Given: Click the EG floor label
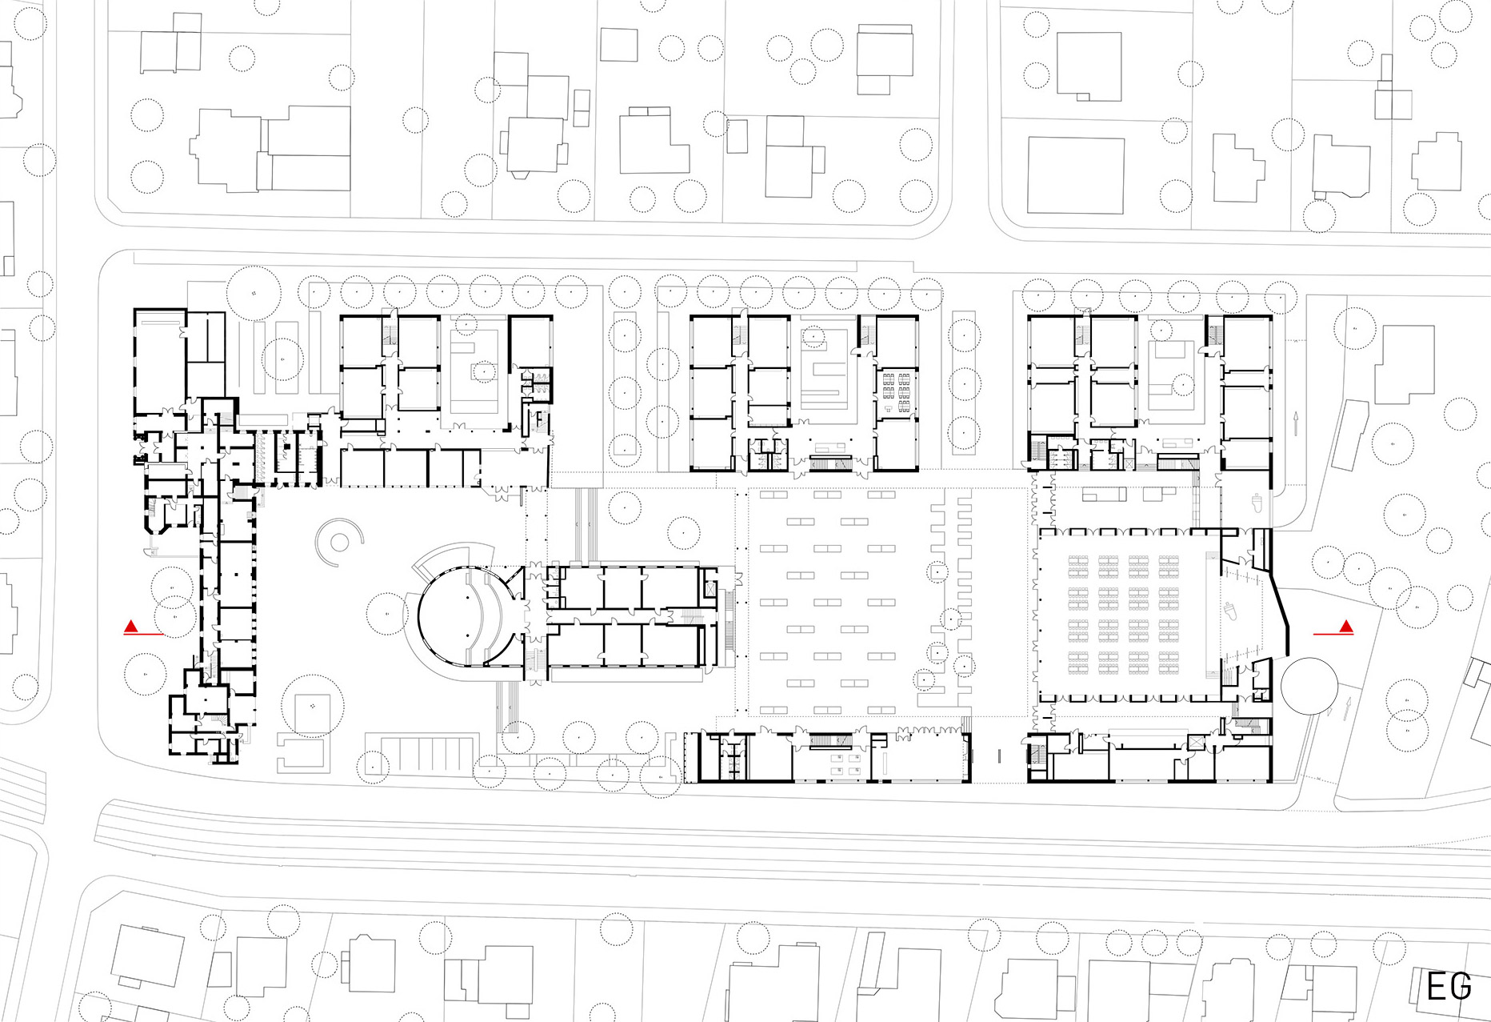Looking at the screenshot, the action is (x=1449, y=986).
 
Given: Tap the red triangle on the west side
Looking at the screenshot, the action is (x=131, y=627).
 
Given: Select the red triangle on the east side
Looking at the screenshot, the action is (x=1347, y=627).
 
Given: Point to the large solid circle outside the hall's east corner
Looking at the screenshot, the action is (x=1309, y=684).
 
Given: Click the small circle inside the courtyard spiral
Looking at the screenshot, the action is (x=339, y=543).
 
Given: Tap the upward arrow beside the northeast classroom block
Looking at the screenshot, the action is (x=1295, y=423).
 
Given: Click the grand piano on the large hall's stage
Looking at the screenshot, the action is (x=1232, y=612).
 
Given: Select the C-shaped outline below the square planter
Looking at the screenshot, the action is (x=303, y=754).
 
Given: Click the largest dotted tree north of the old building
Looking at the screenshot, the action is (x=254, y=294).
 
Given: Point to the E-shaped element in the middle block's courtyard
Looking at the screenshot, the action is (x=824, y=379).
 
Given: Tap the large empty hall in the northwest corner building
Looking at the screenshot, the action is (x=160, y=364).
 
